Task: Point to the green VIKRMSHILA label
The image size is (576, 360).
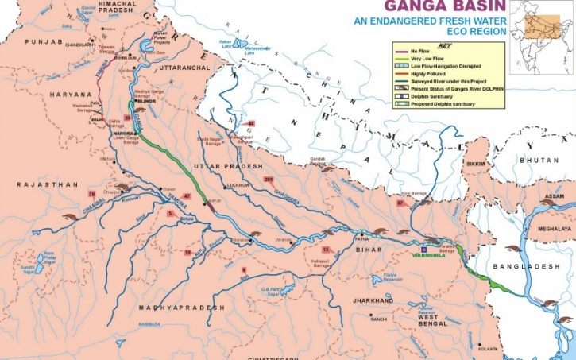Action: (x=431, y=255)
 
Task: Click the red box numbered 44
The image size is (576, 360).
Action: (x=251, y=124)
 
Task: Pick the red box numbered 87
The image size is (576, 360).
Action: (x=400, y=204)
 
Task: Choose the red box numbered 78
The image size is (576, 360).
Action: (x=91, y=194)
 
